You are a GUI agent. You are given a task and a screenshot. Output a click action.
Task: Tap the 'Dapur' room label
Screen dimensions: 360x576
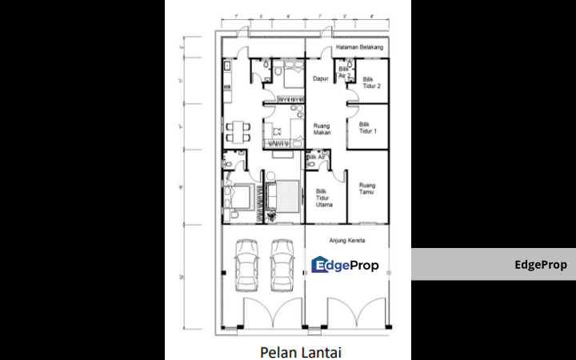point(322,79)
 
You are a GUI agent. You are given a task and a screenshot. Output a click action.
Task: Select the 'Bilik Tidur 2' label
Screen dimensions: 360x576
point(370,82)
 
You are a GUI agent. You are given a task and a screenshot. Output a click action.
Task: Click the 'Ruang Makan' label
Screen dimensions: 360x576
point(322,129)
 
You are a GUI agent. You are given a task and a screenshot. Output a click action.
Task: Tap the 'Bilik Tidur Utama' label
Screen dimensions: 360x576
point(324,198)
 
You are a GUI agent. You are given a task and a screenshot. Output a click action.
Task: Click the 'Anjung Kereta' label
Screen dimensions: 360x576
point(349,239)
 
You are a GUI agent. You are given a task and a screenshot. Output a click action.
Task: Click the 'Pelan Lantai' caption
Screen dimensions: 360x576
point(294,350)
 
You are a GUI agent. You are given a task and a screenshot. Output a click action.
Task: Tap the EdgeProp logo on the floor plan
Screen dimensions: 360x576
point(345,265)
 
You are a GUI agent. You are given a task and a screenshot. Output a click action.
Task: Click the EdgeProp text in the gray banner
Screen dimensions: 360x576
point(545,265)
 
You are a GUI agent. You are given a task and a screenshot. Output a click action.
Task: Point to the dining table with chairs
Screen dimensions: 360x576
point(238,130)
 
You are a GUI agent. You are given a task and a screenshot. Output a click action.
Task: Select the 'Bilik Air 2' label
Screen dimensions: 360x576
point(345,73)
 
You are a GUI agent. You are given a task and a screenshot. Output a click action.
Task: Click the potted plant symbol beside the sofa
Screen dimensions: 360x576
point(271,214)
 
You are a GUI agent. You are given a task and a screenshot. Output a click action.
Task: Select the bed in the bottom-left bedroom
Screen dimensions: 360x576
point(240,196)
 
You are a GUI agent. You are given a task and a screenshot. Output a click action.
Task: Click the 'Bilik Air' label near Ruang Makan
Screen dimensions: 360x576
point(317,158)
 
